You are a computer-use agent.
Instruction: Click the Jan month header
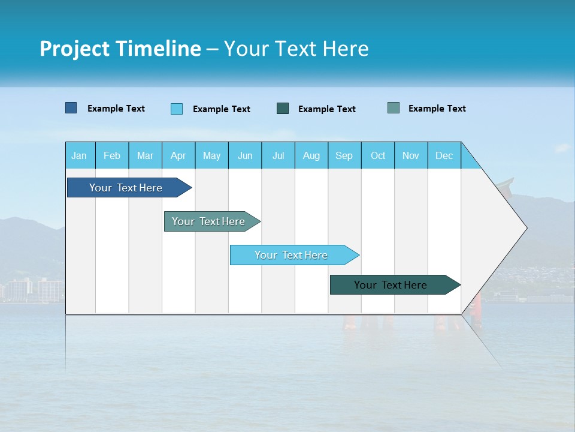click(80, 155)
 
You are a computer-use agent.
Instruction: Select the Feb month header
click(112, 155)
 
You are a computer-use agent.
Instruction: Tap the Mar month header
click(145, 155)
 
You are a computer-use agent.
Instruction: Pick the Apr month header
click(178, 155)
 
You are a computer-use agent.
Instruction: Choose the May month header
click(211, 155)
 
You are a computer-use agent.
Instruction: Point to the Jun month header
click(245, 155)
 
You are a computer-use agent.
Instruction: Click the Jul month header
click(278, 155)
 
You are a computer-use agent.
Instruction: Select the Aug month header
click(311, 155)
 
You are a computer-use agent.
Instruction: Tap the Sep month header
click(344, 155)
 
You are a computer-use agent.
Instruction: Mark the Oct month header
click(378, 155)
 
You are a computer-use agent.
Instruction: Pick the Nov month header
click(411, 155)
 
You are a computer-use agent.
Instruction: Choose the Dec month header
click(444, 155)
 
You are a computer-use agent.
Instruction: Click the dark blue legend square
click(71, 108)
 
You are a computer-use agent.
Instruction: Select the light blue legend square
click(177, 109)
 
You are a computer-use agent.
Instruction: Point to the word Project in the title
click(74, 49)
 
